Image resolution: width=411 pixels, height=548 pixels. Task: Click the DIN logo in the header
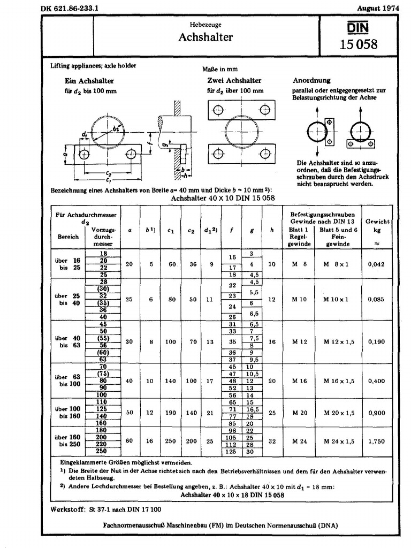[357, 27]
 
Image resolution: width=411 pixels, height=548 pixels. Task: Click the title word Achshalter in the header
[205, 37]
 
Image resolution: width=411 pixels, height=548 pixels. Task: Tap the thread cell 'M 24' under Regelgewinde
[299, 441]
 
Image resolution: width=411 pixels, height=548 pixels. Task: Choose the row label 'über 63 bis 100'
[68, 380]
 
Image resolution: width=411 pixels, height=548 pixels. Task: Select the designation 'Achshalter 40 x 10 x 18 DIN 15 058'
[232, 496]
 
